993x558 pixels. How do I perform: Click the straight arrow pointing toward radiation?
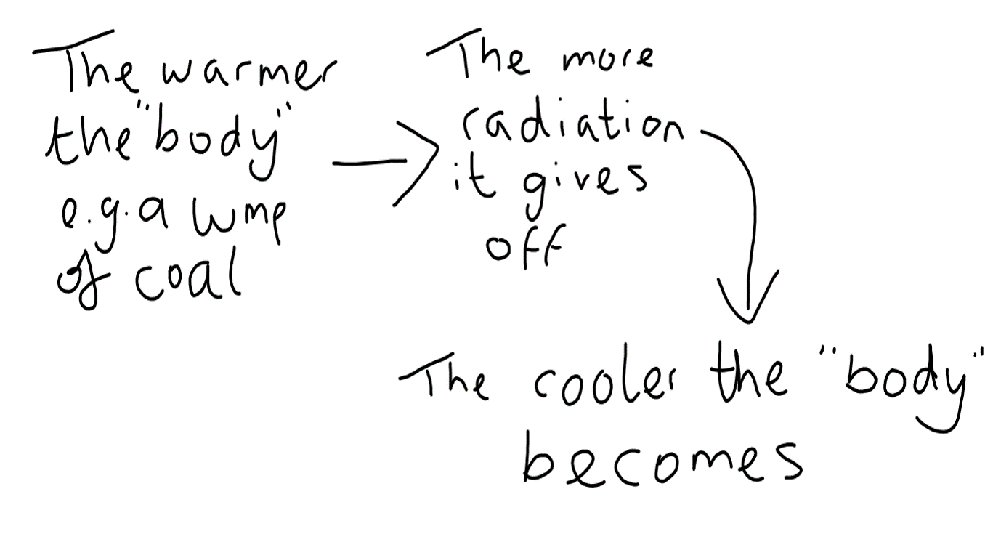coord(385,165)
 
